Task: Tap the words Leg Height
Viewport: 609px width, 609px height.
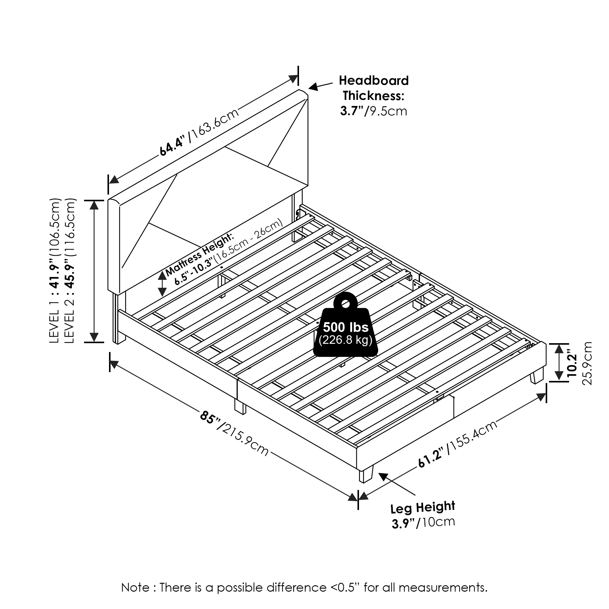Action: coord(423,508)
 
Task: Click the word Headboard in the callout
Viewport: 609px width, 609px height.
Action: coord(374,81)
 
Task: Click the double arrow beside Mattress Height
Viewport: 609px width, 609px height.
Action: coord(162,284)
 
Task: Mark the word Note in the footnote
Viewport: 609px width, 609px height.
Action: coord(136,588)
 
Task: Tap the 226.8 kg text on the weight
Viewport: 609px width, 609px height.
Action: coord(346,340)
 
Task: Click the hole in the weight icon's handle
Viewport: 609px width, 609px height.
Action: coord(346,304)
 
